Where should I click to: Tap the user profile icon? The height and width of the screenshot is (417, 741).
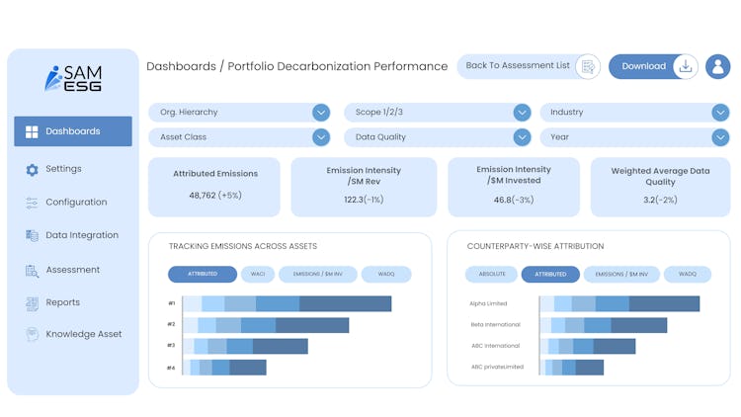[718, 66]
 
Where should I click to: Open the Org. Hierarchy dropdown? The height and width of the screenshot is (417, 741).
[239, 112]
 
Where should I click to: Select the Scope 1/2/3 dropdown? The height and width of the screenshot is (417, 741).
[438, 112]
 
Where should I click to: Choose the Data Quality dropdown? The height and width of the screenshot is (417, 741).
[438, 137]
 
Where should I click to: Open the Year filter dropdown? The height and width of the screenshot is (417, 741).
[634, 137]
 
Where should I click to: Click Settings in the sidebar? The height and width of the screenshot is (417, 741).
[63, 169]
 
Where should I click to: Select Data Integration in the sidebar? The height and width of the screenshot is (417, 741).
[81, 235]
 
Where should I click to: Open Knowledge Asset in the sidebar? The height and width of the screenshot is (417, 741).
[83, 334]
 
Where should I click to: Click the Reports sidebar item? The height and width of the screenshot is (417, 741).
[62, 302]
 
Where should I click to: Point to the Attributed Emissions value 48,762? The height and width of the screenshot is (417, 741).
[215, 196]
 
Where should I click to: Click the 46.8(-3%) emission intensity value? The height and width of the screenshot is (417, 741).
[514, 200]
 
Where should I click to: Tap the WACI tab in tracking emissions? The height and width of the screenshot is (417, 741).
[257, 274]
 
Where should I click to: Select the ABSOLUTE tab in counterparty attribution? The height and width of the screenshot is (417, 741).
[492, 274]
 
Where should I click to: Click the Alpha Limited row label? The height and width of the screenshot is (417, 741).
[489, 304]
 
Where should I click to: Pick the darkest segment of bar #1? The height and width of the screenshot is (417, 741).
[345, 304]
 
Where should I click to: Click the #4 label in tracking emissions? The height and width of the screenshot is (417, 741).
[171, 368]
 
